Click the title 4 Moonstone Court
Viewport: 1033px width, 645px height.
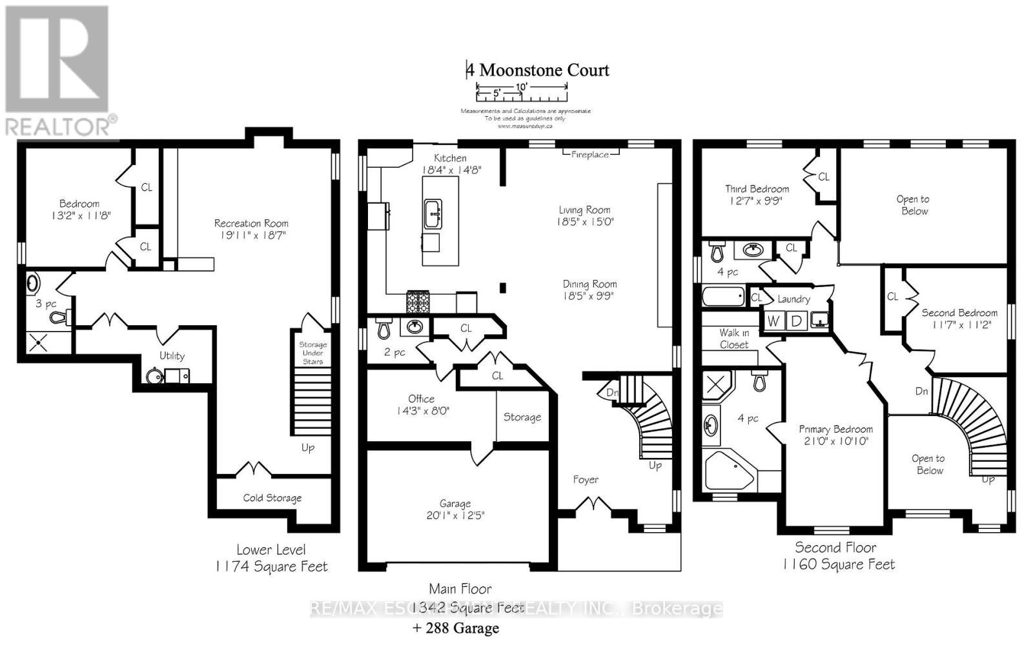538,70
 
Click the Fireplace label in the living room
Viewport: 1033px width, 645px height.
589,155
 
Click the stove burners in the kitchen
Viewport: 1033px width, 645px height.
418,301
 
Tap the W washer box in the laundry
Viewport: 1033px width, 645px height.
773,321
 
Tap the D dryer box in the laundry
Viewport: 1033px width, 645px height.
796,321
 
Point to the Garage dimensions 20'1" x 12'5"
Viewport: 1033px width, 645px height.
455,516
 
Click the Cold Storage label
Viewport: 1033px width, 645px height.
272,498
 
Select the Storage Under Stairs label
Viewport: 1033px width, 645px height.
312,353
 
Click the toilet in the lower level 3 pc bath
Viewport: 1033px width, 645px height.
59,317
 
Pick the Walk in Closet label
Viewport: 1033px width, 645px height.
734,339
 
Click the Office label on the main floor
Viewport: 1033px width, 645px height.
421,399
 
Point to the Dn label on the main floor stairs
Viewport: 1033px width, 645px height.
611,392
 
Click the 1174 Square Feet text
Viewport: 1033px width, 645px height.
271,567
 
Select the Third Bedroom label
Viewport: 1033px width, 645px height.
757,189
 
